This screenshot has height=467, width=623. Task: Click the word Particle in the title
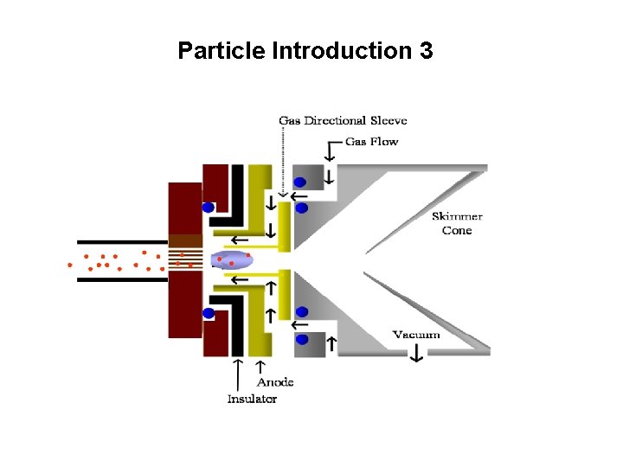point(222,51)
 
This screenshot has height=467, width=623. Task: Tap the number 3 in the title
point(425,51)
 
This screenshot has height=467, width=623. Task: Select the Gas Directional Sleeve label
point(343,120)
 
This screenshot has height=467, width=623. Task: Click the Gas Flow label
point(371,141)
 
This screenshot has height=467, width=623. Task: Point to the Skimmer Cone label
point(457,223)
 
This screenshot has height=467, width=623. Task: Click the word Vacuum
point(416,335)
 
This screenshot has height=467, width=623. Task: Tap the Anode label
point(275,381)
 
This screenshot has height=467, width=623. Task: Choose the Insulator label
point(252,399)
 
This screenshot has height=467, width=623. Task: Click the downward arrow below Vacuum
point(416,352)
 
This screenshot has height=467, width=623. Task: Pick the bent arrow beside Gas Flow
point(330,153)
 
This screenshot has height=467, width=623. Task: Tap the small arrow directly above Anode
point(260,368)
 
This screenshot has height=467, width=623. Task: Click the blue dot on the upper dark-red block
point(209,208)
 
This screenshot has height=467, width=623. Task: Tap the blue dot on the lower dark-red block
point(209,313)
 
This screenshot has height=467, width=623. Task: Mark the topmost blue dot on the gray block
point(300,182)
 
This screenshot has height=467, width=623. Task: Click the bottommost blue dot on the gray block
point(302,339)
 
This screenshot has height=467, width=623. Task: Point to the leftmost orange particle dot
point(70,265)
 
